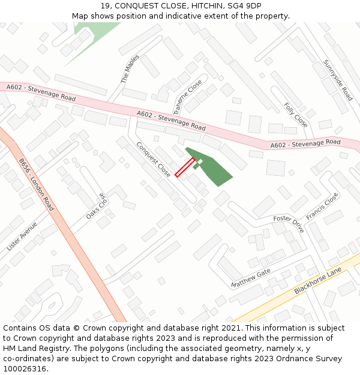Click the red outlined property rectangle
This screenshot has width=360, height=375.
[x=185, y=167]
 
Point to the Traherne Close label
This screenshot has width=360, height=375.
[x=188, y=98]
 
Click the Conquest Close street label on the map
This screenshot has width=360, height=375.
[x=154, y=159]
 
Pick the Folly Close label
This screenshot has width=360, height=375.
[x=296, y=115]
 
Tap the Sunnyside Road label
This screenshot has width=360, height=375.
[x=338, y=80]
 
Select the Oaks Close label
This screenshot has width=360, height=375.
[x=95, y=206]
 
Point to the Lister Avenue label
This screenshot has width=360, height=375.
[x=22, y=236]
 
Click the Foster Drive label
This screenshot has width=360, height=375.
[x=289, y=224]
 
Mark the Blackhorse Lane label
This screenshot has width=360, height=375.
[x=318, y=281]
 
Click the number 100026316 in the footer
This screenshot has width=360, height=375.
[x=24, y=368]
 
